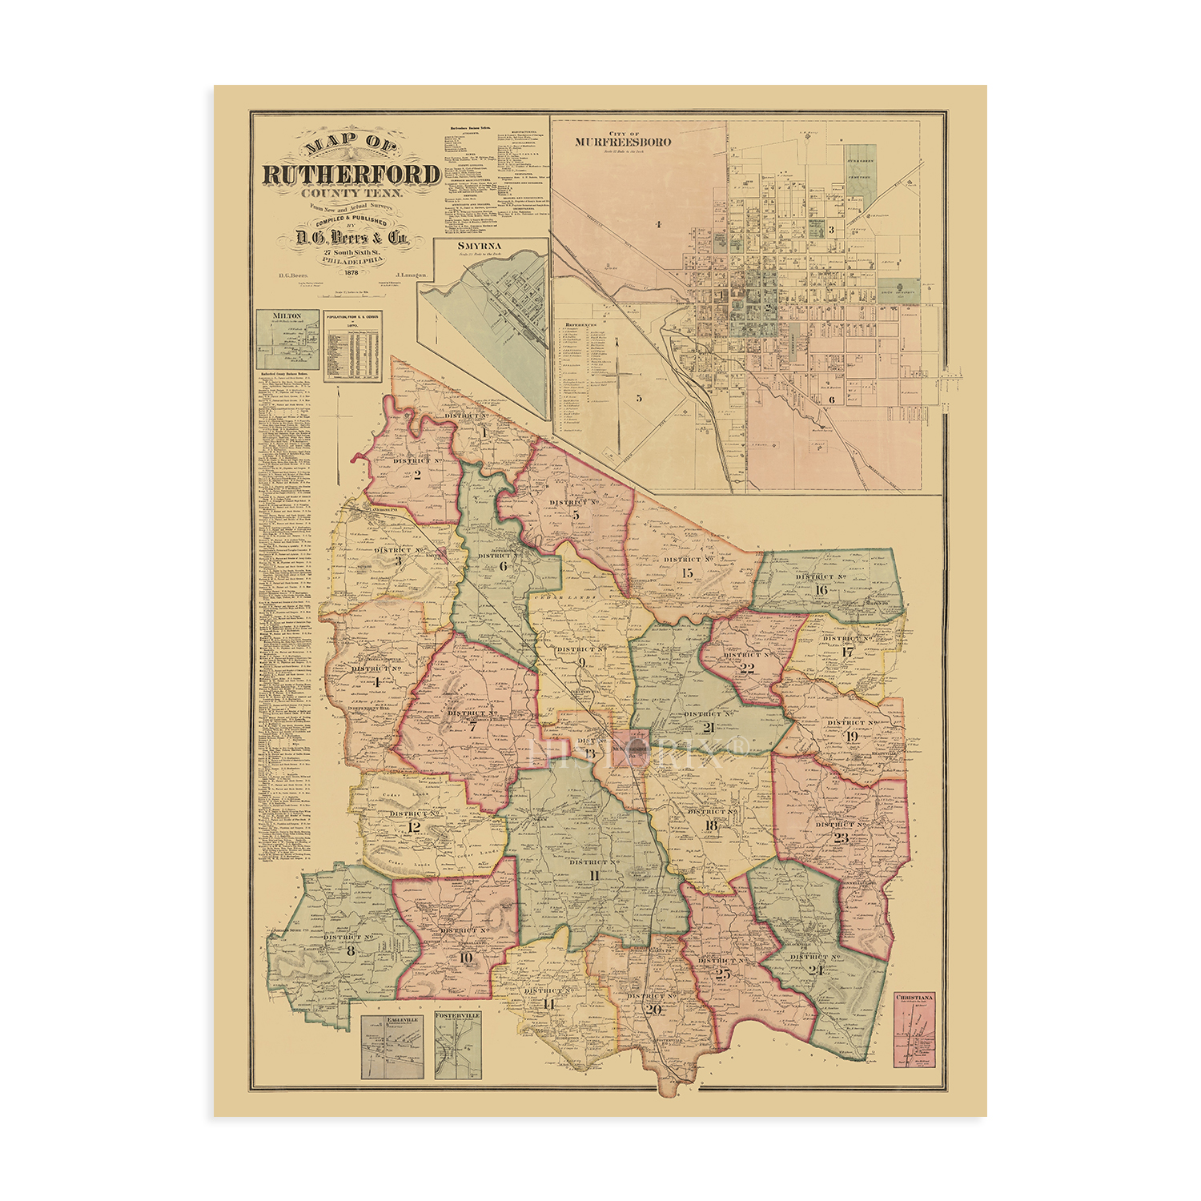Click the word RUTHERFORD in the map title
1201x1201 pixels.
coord(351,175)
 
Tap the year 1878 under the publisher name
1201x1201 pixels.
coord(352,271)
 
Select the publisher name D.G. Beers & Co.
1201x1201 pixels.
coord(352,237)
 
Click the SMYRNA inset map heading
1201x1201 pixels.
coord(479,246)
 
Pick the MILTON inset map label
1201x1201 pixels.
coord(287,315)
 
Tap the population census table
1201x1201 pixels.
coord(353,346)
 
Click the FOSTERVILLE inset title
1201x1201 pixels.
coord(458,1015)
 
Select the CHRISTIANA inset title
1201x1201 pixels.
coord(915,997)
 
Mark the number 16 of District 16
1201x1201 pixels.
coord(821,590)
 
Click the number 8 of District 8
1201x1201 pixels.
coord(350,951)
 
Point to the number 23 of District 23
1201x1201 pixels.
coord(841,838)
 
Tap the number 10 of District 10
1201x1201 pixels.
coord(466,958)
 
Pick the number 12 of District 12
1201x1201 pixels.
coord(414,827)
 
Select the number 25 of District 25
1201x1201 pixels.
coord(723,974)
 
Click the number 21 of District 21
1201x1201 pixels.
coord(708,728)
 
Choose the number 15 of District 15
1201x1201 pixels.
coord(687,573)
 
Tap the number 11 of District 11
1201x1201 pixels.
coord(593,875)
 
